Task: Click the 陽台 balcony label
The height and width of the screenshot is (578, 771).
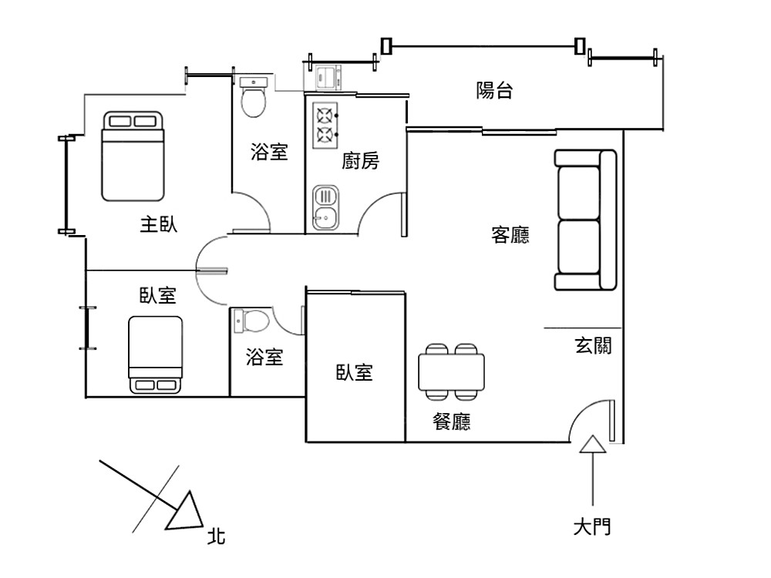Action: tap(494, 91)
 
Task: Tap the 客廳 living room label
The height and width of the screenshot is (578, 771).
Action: tap(510, 235)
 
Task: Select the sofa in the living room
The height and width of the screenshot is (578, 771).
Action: tap(584, 220)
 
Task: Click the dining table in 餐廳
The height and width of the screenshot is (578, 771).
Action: tap(452, 371)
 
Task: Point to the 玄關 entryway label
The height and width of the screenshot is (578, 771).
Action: tap(593, 345)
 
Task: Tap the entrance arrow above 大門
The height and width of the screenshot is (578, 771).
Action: tap(592, 445)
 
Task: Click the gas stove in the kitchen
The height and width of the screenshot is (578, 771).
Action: tap(325, 126)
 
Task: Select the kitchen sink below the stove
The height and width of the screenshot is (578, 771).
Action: tap(325, 208)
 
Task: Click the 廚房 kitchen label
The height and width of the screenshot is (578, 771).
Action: tap(361, 161)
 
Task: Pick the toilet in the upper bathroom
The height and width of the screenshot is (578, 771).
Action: tap(254, 96)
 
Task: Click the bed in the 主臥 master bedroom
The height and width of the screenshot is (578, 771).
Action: tap(133, 156)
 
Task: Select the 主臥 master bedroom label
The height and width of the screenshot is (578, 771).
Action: tap(158, 225)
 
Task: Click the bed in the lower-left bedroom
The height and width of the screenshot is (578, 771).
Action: tap(156, 355)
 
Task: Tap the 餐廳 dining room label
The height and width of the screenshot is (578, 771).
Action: tap(452, 422)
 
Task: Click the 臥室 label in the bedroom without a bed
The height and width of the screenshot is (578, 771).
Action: tap(354, 373)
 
